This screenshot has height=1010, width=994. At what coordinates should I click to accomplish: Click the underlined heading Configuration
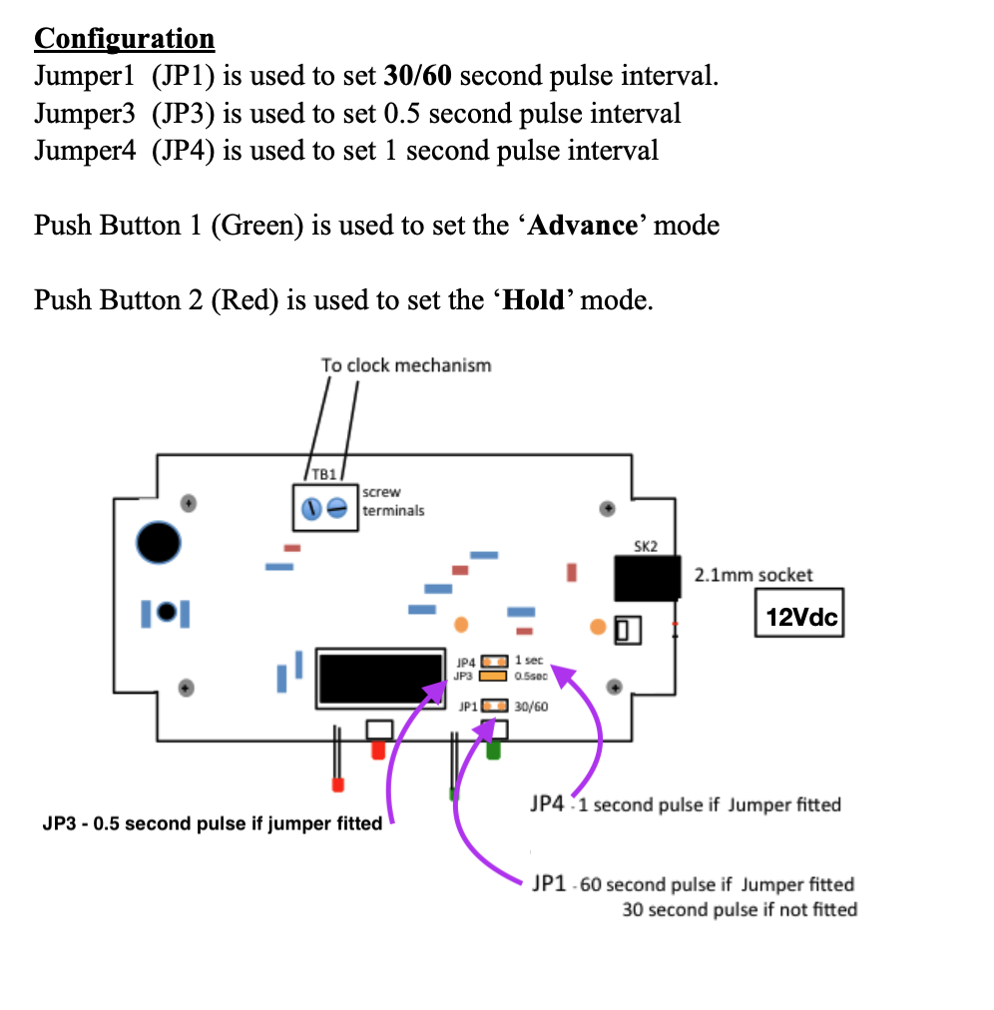pos(124,39)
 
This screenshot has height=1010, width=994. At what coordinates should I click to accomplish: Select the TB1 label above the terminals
pos(324,474)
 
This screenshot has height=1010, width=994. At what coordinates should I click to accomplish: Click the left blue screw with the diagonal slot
pos(310,509)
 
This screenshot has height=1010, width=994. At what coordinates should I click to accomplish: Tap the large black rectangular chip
pos(380,679)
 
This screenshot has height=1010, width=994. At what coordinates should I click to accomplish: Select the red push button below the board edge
pos(377,749)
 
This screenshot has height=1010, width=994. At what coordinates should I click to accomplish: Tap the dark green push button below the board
pos(493,750)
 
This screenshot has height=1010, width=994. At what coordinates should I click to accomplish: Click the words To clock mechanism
pos(405,365)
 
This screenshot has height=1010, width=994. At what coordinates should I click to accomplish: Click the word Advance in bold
pos(582,225)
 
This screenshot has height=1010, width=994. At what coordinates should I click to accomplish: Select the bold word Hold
pos(534,299)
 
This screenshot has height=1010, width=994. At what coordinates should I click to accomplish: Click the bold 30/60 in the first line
pos(418,76)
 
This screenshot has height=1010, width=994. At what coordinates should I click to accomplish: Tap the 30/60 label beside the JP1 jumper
pos(531,707)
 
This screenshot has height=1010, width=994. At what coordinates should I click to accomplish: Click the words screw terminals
pos(392,501)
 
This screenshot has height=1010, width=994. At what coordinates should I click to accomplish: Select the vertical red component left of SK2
pos(572,572)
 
